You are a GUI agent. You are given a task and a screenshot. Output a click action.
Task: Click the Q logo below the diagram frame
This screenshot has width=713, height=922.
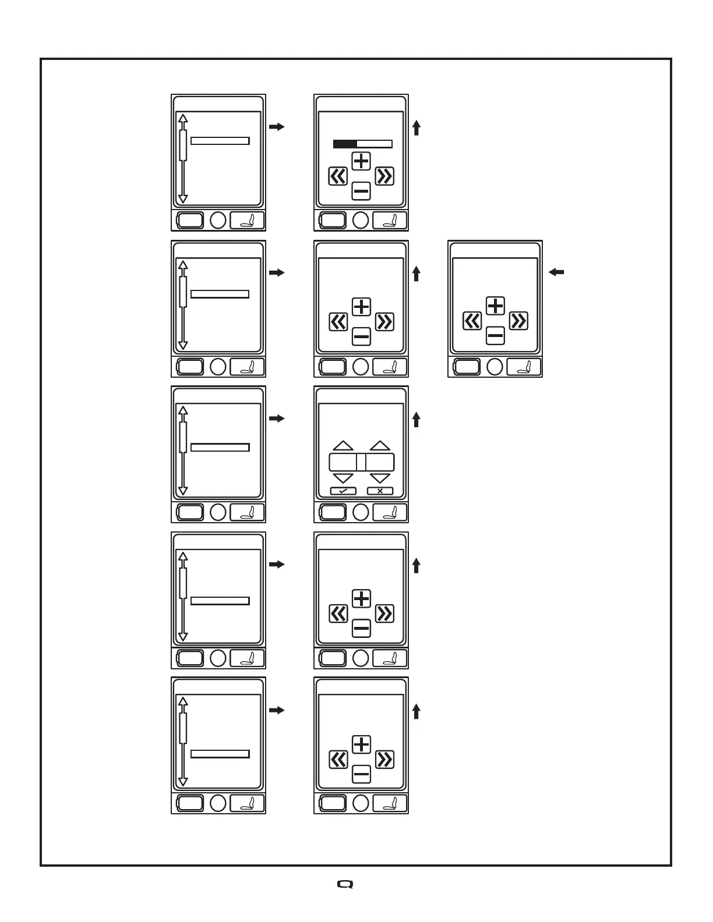pos(345,884)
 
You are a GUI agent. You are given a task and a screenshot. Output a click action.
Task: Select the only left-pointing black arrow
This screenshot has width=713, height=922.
pos(556,272)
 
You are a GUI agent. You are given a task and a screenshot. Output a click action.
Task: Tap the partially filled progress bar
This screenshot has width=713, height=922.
pos(362,144)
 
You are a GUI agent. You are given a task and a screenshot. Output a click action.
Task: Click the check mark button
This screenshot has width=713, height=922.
pos(343,491)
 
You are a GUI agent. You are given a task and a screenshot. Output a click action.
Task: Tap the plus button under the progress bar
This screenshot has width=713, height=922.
pos(362,161)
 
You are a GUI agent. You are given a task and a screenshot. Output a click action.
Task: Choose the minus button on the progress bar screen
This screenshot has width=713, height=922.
pos(362,190)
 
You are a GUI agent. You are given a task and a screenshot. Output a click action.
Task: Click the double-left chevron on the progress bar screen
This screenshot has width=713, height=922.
pos(338,176)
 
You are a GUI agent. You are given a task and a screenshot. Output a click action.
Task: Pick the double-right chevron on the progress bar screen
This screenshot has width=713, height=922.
pos(384,176)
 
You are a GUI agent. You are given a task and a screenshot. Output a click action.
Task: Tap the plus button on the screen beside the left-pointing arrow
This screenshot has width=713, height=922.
pos(495,306)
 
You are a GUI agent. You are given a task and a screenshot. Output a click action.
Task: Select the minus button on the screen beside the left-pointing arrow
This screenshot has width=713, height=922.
pos(495,335)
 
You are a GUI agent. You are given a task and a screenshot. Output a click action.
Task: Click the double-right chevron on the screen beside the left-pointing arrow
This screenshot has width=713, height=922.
pos(518,321)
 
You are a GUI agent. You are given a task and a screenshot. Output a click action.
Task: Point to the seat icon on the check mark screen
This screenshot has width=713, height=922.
pos(390,512)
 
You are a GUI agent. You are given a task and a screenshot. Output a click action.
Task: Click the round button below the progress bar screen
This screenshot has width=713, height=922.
pos(361,220)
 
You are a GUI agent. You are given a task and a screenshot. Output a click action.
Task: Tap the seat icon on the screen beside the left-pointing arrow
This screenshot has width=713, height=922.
pos(524,367)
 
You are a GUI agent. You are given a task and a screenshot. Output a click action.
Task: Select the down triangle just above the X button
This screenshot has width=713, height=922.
pos(380,478)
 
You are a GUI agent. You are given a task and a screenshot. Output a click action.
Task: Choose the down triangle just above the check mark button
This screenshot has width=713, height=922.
pos(343,478)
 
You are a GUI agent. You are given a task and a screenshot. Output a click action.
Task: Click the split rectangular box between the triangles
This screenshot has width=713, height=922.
pos(362,462)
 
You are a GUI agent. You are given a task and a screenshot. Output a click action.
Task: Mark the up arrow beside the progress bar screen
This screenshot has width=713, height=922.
pos(416,127)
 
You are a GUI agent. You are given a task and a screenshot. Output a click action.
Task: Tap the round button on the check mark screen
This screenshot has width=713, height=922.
pos(361,512)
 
